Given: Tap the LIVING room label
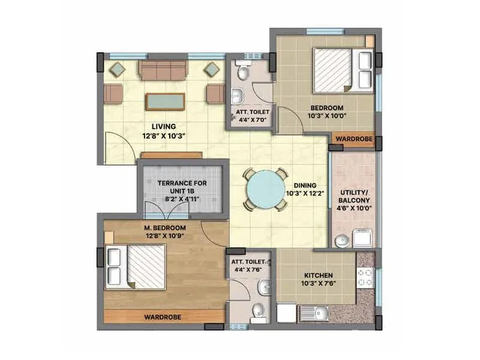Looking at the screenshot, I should (x=163, y=127).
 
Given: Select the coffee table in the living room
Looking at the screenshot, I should (x=165, y=101).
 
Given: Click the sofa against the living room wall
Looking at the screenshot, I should (x=163, y=70).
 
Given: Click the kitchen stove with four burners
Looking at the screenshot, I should (x=365, y=277).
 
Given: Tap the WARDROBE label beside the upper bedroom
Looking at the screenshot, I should (x=354, y=139).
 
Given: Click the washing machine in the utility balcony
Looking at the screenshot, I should (x=363, y=239).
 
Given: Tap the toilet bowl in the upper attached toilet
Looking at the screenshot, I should (x=242, y=73).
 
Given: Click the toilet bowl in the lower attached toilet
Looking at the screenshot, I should (x=259, y=311).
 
